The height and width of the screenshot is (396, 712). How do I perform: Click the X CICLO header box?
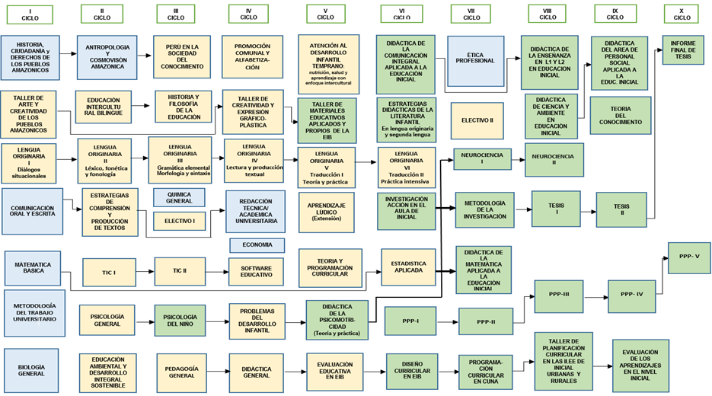(682, 14)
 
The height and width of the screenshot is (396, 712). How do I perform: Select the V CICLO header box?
(325, 14)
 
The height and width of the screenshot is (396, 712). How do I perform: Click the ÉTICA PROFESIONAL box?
(475, 60)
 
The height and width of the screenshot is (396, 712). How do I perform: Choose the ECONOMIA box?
(257, 245)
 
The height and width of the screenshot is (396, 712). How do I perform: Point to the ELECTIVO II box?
(477, 120)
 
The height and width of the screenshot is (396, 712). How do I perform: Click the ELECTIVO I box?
(180, 222)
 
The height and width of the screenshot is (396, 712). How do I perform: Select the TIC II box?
(179, 270)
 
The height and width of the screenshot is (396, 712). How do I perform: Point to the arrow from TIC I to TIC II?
(142, 270)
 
